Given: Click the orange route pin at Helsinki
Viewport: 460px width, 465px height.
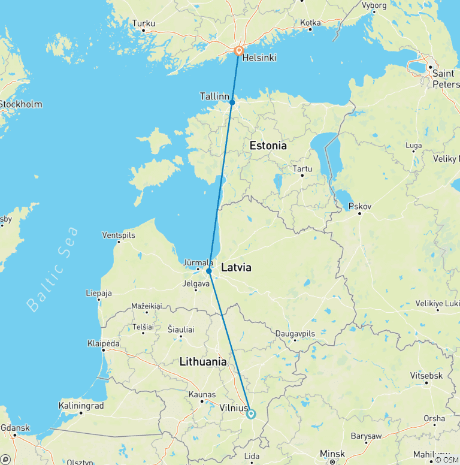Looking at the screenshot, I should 238,50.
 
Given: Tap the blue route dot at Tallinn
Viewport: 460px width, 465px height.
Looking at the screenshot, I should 232,102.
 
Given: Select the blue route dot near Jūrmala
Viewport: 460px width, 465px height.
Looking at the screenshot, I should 208,271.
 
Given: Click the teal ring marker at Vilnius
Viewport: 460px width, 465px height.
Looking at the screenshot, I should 251,413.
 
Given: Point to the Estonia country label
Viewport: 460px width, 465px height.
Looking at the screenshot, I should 268,146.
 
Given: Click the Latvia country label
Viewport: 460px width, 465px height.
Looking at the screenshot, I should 236,268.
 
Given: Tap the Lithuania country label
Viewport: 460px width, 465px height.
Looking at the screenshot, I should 204,362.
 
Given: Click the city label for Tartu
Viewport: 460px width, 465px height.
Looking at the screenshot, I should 302,168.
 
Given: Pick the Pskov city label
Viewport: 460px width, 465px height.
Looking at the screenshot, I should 360,206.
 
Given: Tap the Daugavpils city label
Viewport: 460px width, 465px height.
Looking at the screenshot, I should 295,333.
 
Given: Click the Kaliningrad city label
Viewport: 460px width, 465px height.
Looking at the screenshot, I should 81,406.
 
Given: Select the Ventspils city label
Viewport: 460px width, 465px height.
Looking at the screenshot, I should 119,235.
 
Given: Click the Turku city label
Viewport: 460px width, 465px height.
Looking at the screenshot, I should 144,24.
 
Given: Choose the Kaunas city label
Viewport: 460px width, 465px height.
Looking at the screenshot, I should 201,394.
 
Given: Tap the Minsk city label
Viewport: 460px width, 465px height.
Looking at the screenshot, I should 332,454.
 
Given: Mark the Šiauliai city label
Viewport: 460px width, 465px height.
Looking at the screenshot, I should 180,329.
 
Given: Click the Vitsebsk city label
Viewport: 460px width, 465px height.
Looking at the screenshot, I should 427,375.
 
